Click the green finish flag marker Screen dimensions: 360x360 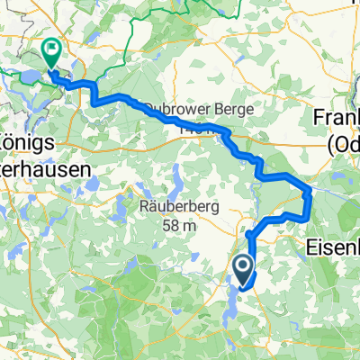click(x=50, y=54)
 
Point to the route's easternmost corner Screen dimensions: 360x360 click(x=310, y=191)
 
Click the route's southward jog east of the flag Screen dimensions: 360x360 click(x=93, y=94)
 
